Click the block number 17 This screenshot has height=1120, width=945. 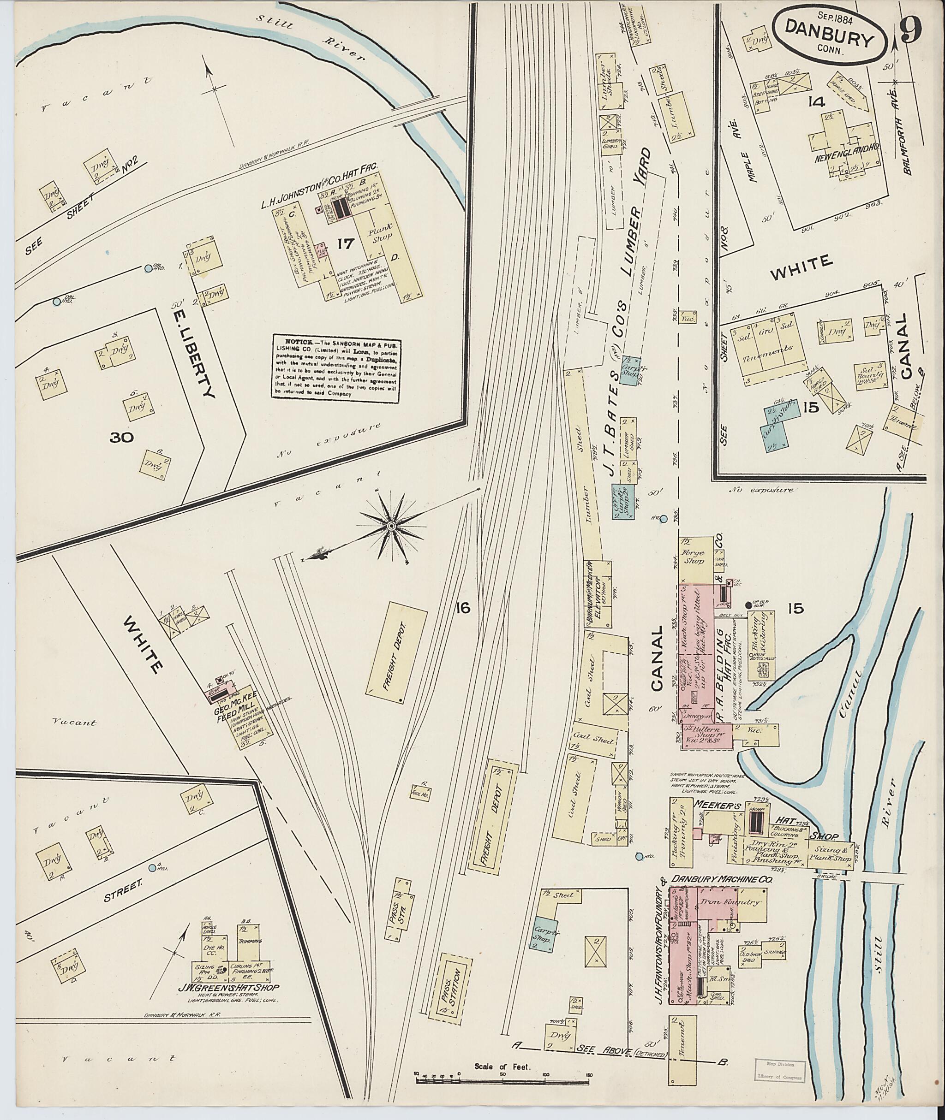coord(346,243)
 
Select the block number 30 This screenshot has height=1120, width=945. coord(122,438)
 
